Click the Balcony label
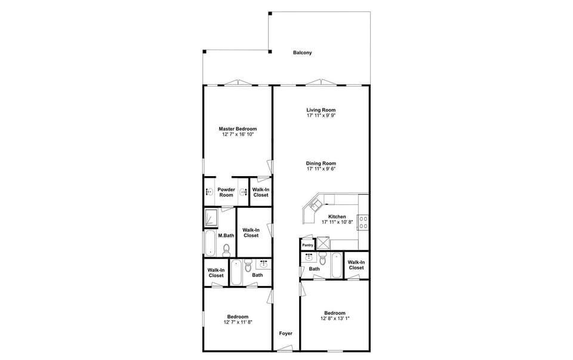point(302,53)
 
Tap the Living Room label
point(321,110)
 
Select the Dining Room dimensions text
point(321,169)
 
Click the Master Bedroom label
point(238,129)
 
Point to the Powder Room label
point(226,192)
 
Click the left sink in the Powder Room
point(210,192)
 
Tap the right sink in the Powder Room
point(243,192)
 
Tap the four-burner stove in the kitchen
point(363,221)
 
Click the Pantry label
point(307,245)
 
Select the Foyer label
point(286,333)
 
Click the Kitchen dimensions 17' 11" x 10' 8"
point(337,222)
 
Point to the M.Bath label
point(225,236)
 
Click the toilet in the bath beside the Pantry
point(322,259)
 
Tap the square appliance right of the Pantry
point(323,242)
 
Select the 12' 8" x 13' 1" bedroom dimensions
point(334,318)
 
